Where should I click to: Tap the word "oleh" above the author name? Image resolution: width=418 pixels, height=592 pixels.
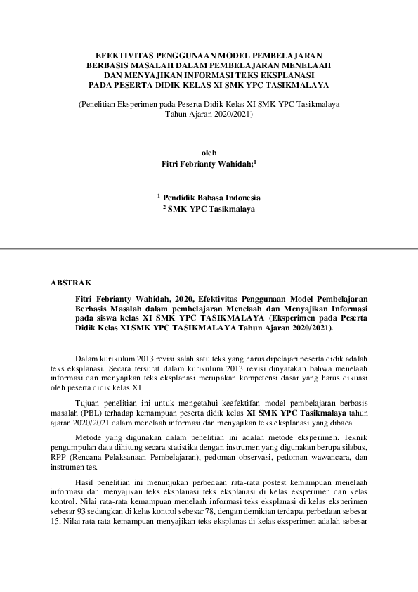click(209, 153)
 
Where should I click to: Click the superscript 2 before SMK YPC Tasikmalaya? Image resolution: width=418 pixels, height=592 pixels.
click(164, 207)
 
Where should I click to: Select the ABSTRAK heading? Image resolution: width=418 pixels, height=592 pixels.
click(71, 283)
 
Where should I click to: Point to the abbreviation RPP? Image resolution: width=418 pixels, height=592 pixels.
click(59, 457)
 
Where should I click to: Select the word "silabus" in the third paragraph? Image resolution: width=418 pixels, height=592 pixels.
click(353, 447)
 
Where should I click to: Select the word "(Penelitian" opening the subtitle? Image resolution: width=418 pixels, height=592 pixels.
click(97, 104)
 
